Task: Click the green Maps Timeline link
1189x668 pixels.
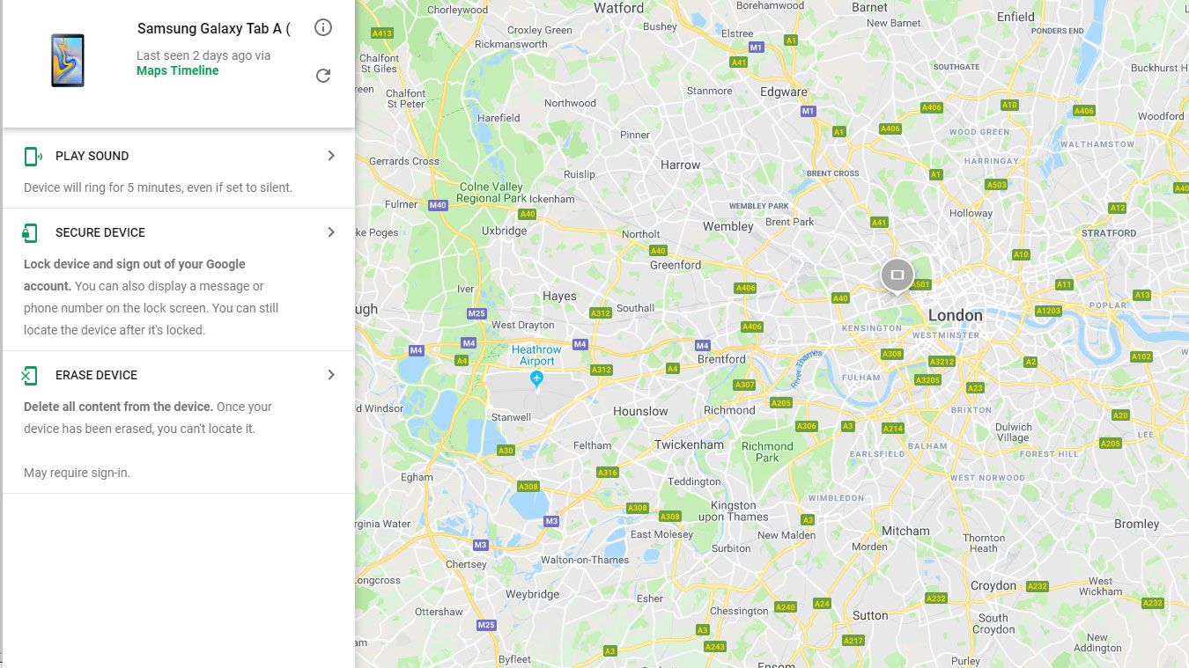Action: point(177,70)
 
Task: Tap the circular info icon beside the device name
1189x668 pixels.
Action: point(323,27)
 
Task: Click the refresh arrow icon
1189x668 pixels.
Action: point(323,76)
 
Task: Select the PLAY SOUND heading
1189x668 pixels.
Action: point(92,156)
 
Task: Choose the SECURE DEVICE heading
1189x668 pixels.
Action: point(100,232)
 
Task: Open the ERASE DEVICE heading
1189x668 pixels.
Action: point(96,375)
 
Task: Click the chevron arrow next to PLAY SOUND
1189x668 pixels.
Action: point(331,156)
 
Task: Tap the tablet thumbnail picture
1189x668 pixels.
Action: point(68,60)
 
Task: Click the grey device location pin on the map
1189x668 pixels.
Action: point(897,275)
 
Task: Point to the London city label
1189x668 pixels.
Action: point(955,315)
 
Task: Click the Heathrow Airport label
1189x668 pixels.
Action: point(536,356)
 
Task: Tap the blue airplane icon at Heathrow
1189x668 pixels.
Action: point(536,378)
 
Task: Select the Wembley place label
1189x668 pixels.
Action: point(727,226)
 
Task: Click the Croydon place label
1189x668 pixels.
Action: point(993,585)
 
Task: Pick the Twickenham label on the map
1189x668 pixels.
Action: point(689,444)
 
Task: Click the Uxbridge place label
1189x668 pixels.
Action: point(504,231)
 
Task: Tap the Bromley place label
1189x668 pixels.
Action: point(1136,524)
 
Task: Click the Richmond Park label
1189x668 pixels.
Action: point(767,451)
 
